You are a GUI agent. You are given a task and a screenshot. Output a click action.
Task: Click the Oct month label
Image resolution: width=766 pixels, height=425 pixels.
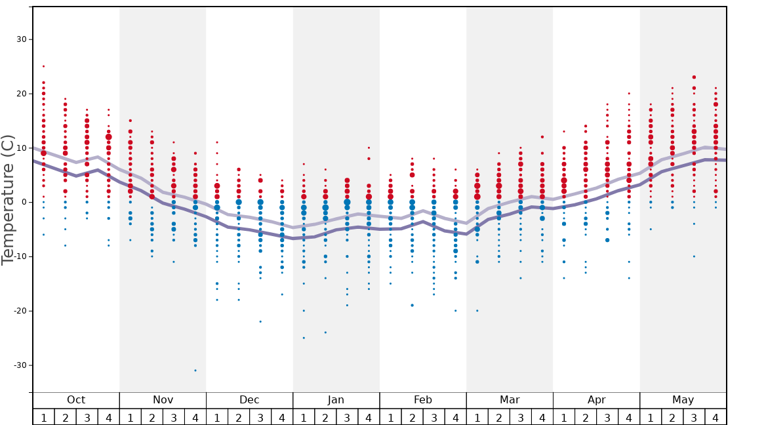pos(76,400)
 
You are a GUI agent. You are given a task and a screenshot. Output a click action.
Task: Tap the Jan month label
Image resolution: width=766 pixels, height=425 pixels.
pos(336,400)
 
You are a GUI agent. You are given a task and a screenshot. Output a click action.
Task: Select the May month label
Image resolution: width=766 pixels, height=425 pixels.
pos(683,400)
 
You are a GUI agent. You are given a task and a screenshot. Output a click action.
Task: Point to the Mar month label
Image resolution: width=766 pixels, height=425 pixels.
pos(510,400)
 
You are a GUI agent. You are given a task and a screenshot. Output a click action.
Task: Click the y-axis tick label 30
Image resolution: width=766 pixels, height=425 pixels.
pos(21,39)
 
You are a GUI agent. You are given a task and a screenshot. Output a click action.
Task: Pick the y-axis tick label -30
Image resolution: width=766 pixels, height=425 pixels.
pos(19,365)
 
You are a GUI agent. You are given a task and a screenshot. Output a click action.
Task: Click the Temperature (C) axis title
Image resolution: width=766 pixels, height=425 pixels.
pos(8,200)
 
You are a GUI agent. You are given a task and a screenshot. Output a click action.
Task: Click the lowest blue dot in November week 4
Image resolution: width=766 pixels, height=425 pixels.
pos(195,371)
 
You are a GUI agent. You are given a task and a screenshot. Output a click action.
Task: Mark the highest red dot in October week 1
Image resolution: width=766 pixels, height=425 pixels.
pos(44,66)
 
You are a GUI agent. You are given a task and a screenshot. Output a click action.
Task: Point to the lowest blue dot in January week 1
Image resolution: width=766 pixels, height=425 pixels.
pos(304,338)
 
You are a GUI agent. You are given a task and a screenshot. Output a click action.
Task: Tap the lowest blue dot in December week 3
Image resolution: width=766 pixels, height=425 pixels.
pos(260,321)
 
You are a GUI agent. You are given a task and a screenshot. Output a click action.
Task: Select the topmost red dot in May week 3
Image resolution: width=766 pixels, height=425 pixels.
pos(694,77)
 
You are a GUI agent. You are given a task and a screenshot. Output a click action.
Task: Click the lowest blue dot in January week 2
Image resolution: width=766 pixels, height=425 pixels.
pos(325,333)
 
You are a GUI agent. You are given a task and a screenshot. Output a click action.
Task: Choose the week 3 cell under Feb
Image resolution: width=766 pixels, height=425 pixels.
pos(433,417)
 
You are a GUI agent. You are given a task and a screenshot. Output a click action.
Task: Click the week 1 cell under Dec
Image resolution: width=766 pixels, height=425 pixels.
pos(217,417)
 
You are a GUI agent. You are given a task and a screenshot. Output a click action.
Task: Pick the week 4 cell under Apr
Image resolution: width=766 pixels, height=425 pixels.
pos(629,417)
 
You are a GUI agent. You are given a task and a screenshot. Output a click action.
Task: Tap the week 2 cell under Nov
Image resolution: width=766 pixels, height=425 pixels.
pos(152,417)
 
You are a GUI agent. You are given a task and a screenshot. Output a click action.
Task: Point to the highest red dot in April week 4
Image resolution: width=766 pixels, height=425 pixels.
pos(629,93)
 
